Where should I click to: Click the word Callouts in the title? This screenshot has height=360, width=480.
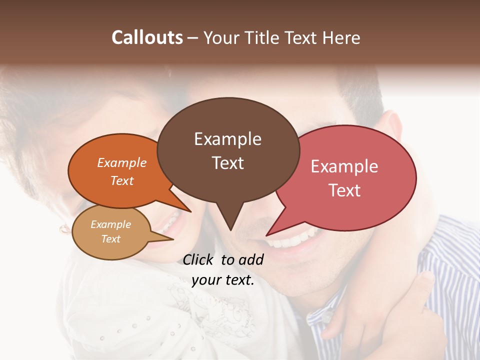coord(147,37)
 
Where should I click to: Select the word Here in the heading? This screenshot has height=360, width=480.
coord(341,38)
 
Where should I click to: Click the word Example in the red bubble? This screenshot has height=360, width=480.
coord(344,166)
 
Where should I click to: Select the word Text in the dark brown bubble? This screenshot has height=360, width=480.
coord(228,163)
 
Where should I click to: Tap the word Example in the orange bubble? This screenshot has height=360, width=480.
coord(122,162)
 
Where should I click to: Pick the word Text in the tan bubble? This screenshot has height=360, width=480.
coord(111,239)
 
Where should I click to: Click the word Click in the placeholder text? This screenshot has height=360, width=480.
coord(198,259)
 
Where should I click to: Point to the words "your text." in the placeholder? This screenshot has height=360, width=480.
coord(223,280)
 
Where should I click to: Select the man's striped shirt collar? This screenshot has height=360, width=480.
coord(320,312)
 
